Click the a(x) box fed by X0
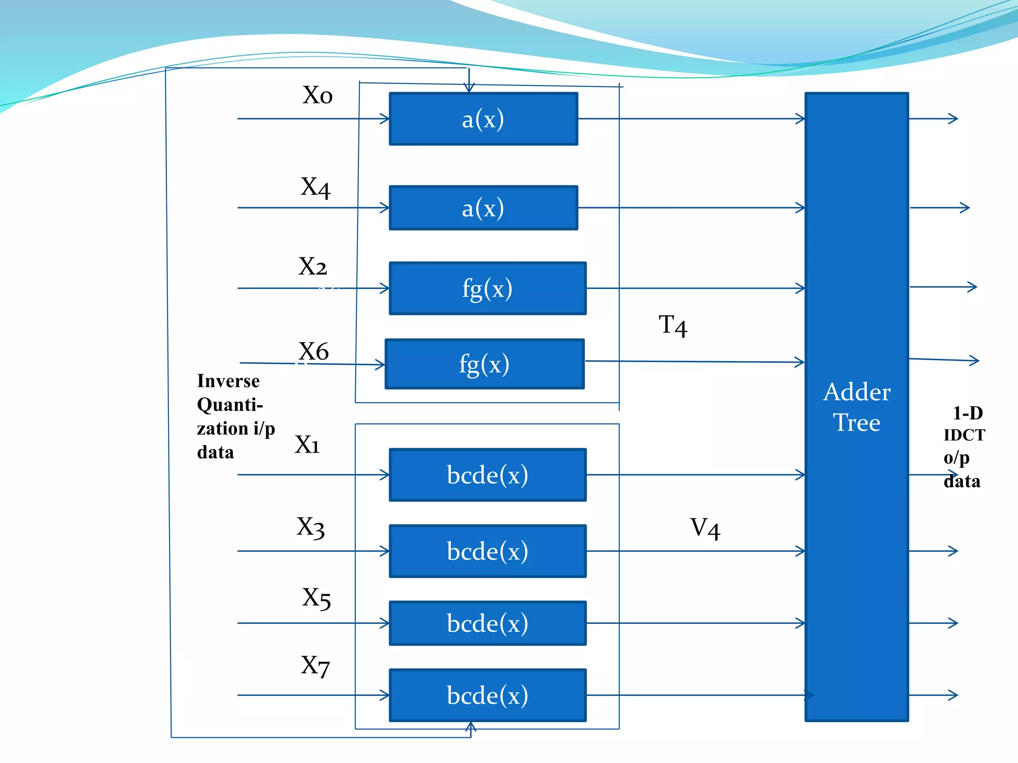point(483,119)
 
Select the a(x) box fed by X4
point(483,208)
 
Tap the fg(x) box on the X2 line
point(487,288)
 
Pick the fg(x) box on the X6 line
point(484,364)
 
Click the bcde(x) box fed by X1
point(487,475)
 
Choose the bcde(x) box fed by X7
point(487,695)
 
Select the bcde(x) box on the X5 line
point(487,623)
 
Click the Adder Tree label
point(856,407)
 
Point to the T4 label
point(673,325)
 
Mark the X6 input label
point(313,351)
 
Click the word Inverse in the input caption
point(228,381)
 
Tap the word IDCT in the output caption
point(964,435)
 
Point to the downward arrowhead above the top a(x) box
point(469,88)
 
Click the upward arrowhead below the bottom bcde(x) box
point(471,727)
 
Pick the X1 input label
point(307,444)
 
